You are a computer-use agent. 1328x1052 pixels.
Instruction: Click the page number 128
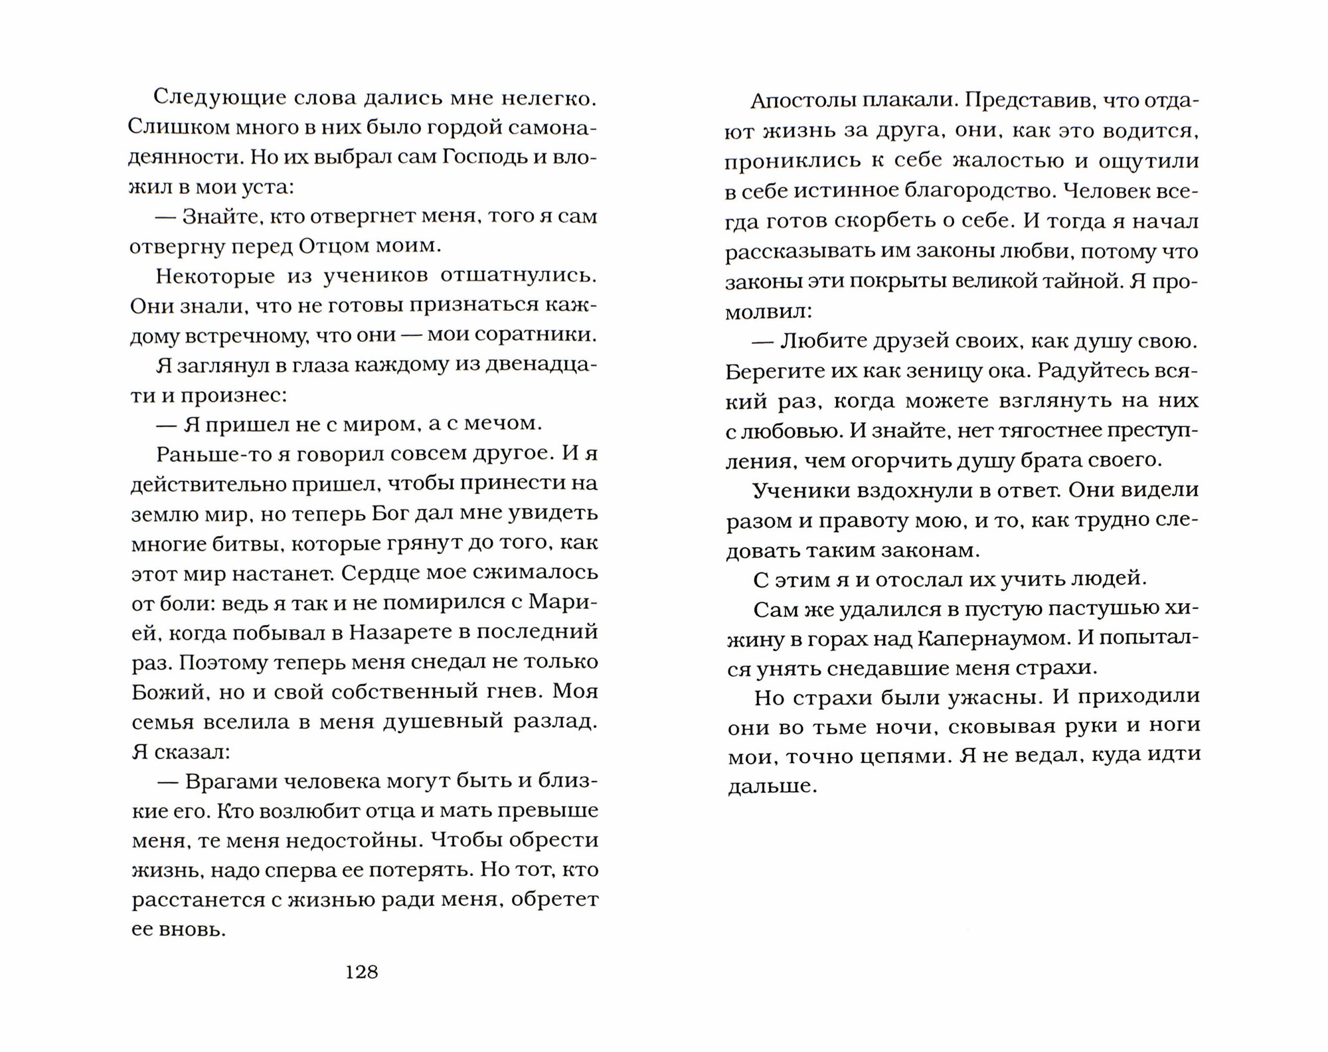pos(362,972)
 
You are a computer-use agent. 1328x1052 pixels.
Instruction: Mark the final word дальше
pos(770,786)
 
